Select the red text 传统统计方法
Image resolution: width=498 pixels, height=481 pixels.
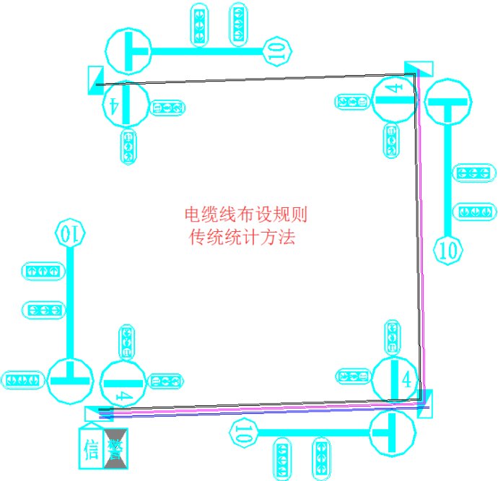point(242,237)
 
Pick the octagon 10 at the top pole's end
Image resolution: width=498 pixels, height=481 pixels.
point(278,49)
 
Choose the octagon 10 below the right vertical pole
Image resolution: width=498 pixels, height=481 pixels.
point(448,250)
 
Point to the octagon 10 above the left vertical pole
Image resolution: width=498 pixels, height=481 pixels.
point(71,234)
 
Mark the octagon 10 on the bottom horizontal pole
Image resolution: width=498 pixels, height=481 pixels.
point(244,433)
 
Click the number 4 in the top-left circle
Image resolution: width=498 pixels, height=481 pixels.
point(114,104)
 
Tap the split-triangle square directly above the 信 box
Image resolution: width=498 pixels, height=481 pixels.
point(99,414)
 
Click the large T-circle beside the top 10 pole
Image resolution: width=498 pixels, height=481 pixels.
point(128,49)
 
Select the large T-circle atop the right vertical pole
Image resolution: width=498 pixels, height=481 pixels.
point(448,103)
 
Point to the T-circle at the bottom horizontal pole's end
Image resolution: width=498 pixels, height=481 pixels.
point(392,432)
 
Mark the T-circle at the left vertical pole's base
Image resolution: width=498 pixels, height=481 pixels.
point(70,380)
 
